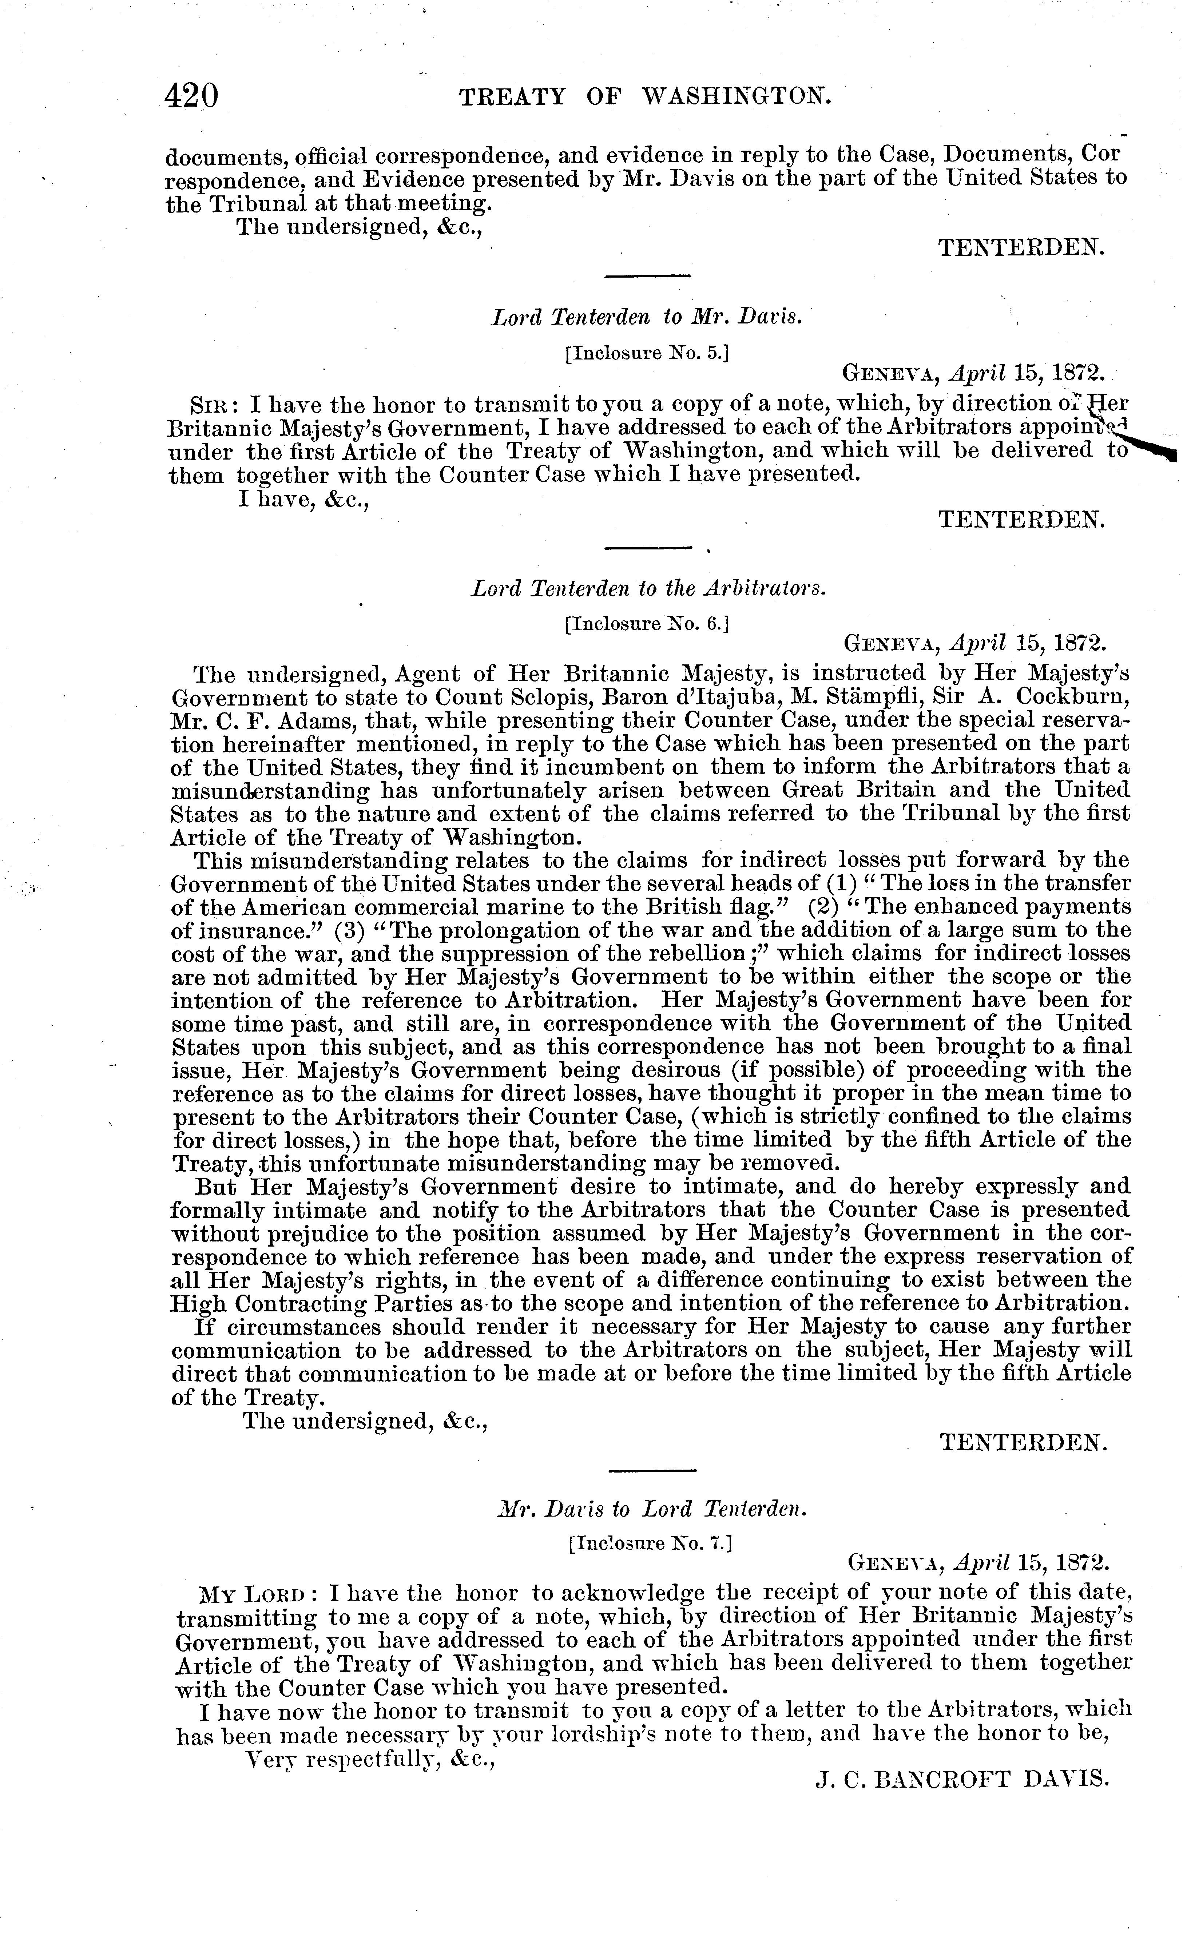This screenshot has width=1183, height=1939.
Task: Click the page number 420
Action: (191, 96)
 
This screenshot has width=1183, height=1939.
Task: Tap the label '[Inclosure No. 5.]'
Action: (646, 353)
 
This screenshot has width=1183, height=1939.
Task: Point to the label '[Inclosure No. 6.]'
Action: (646, 624)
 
